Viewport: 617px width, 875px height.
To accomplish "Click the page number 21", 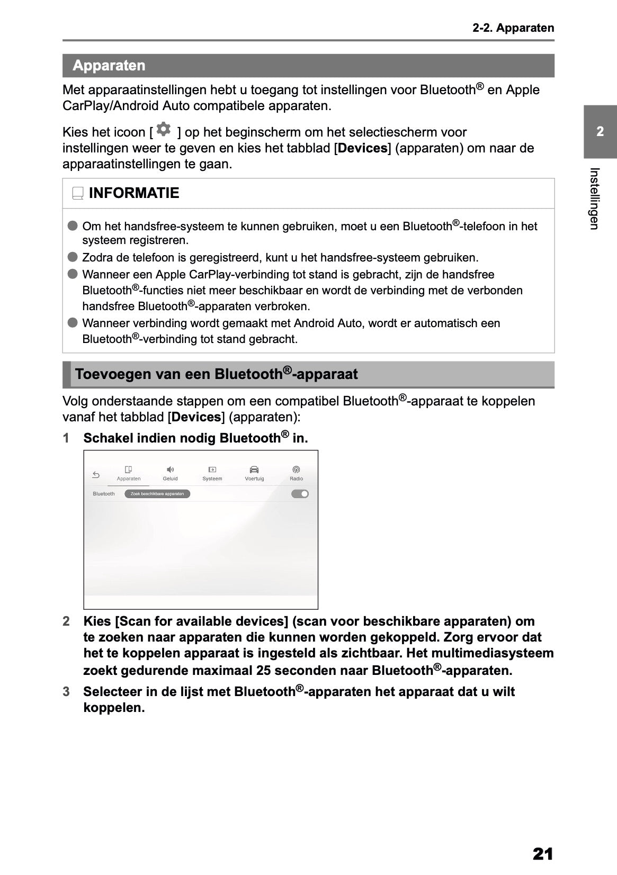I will (x=543, y=853).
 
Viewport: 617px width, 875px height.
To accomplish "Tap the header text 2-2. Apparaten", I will (x=513, y=28).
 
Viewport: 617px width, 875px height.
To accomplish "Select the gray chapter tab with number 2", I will (x=600, y=132).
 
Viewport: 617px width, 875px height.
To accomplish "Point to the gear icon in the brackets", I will (x=164, y=129).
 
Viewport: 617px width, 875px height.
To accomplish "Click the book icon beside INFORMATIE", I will (x=78, y=194).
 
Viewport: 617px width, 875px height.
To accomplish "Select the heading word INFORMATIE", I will (x=134, y=193).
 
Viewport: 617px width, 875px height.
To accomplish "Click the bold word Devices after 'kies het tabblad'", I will (x=363, y=148).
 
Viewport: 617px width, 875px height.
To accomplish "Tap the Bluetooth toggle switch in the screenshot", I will (x=300, y=494).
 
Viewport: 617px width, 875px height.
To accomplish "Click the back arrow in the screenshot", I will (x=96, y=475).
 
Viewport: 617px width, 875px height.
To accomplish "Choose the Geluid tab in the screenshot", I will (x=170, y=473).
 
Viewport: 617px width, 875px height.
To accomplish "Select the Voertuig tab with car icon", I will (x=254, y=473).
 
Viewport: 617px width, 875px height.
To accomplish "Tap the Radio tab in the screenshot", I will (x=296, y=473).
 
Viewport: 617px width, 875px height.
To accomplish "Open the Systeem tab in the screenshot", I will (x=212, y=473).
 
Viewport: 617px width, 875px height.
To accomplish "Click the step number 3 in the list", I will (x=66, y=692).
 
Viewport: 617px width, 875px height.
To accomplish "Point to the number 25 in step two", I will (x=264, y=671).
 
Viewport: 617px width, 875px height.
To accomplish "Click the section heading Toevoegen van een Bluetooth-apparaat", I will (x=216, y=374).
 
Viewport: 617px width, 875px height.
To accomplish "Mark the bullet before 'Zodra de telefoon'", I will (x=73, y=257).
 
